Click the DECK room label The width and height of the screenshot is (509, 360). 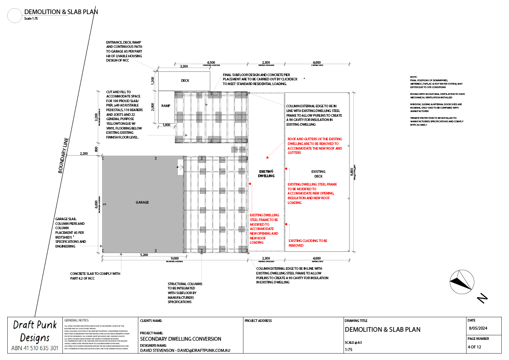(185, 80)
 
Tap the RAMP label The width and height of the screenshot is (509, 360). (166, 106)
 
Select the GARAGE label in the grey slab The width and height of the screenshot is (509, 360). (142, 202)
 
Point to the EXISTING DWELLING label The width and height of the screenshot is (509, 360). (266, 174)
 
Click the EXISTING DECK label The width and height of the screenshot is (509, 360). (318, 174)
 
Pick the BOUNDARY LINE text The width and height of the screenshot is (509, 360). (63, 155)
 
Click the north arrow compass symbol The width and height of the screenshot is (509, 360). (461, 281)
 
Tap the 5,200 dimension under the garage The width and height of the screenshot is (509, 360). (144, 255)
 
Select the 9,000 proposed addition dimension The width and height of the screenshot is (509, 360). (174, 258)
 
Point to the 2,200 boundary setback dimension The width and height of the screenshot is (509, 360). (83, 153)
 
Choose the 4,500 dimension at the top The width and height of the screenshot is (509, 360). (211, 62)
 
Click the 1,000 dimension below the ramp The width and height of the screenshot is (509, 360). (166, 125)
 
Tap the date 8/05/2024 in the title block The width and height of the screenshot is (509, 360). (479, 328)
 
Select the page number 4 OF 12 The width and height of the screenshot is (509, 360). (474, 347)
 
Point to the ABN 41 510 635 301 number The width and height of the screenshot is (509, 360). (35, 348)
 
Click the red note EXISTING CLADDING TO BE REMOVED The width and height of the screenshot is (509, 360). (308, 243)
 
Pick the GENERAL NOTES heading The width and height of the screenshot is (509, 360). (76, 320)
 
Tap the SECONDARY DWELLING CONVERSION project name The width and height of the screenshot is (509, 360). (180, 339)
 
